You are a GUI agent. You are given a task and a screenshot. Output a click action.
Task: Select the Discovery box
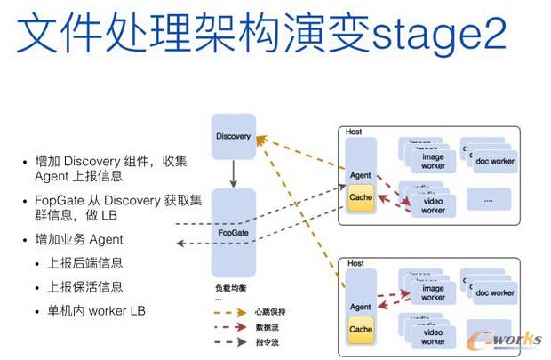coord(233,137)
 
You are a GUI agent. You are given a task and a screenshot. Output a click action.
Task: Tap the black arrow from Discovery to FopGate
coord(233,173)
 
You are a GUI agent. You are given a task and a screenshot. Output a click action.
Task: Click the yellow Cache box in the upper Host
coord(361,197)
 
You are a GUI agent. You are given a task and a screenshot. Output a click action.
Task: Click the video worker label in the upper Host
coord(433,205)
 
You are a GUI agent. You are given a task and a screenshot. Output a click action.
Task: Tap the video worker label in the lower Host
coord(433,337)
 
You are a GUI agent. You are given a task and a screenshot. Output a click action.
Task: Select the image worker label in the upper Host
coord(433,161)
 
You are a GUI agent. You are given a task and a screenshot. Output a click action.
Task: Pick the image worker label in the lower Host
coord(433,292)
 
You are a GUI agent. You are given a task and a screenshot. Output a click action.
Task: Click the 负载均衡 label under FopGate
coord(228,289)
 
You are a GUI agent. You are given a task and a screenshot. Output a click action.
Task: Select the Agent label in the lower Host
coord(361,307)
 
